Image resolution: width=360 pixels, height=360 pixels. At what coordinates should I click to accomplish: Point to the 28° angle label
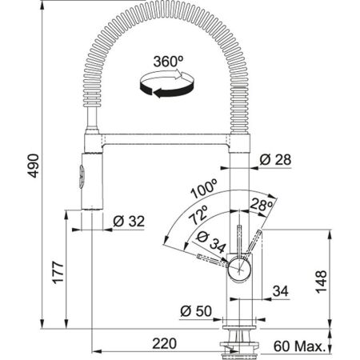[x=258, y=206]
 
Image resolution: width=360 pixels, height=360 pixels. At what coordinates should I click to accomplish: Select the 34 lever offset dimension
[x=281, y=289]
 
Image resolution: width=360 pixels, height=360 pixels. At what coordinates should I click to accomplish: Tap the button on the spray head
[x=79, y=173]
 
